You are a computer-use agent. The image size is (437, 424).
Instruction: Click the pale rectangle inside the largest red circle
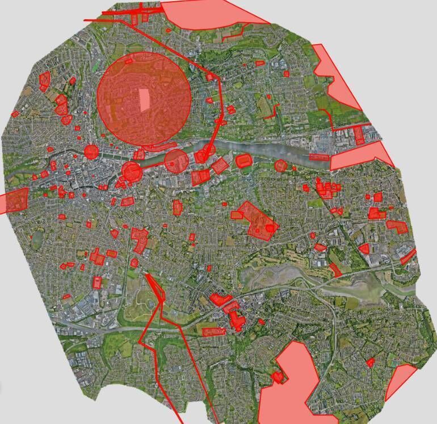click(x=146, y=100)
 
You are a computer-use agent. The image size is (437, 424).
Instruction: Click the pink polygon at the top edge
click(x=210, y=14)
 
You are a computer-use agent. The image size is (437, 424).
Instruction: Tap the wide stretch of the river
click(x=267, y=150)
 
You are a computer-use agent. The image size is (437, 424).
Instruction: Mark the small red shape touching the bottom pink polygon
click(x=278, y=377)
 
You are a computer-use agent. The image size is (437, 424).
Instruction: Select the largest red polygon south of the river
click(x=255, y=221)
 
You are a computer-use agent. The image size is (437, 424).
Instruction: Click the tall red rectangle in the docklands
click(x=359, y=135)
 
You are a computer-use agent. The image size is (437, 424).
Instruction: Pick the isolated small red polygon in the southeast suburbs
click(x=370, y=362)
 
